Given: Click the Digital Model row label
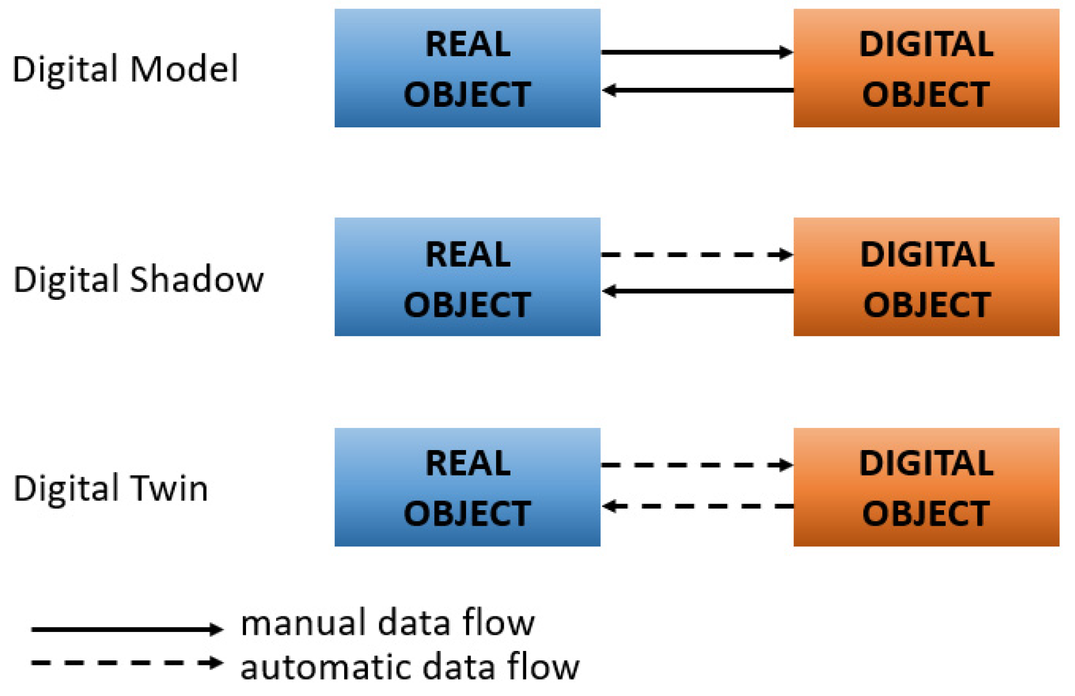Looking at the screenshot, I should (125, 70).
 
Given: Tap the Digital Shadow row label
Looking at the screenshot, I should (138, 279).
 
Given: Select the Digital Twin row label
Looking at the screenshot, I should (111, 488).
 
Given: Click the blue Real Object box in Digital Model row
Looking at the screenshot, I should (467, 68).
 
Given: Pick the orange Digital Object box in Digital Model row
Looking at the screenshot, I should (926, 68).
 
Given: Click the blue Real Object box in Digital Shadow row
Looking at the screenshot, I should (467, 277).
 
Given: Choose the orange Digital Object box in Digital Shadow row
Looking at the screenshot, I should (926, 277).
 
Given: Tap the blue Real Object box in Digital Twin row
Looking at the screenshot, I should (467, 487).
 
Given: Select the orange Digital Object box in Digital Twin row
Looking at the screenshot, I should (926, 487).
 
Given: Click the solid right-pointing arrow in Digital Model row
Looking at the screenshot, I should (696, 52).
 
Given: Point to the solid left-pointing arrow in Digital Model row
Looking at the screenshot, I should (696, 90).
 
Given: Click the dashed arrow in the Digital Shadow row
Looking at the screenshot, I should (696, 255).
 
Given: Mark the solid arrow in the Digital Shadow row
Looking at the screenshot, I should (696, 291).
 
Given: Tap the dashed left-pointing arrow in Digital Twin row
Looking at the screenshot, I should (696, 506).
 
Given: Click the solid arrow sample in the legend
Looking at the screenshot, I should (127, 629).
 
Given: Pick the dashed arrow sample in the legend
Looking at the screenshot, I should (127, 663).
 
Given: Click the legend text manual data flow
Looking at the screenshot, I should (387, 623).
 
